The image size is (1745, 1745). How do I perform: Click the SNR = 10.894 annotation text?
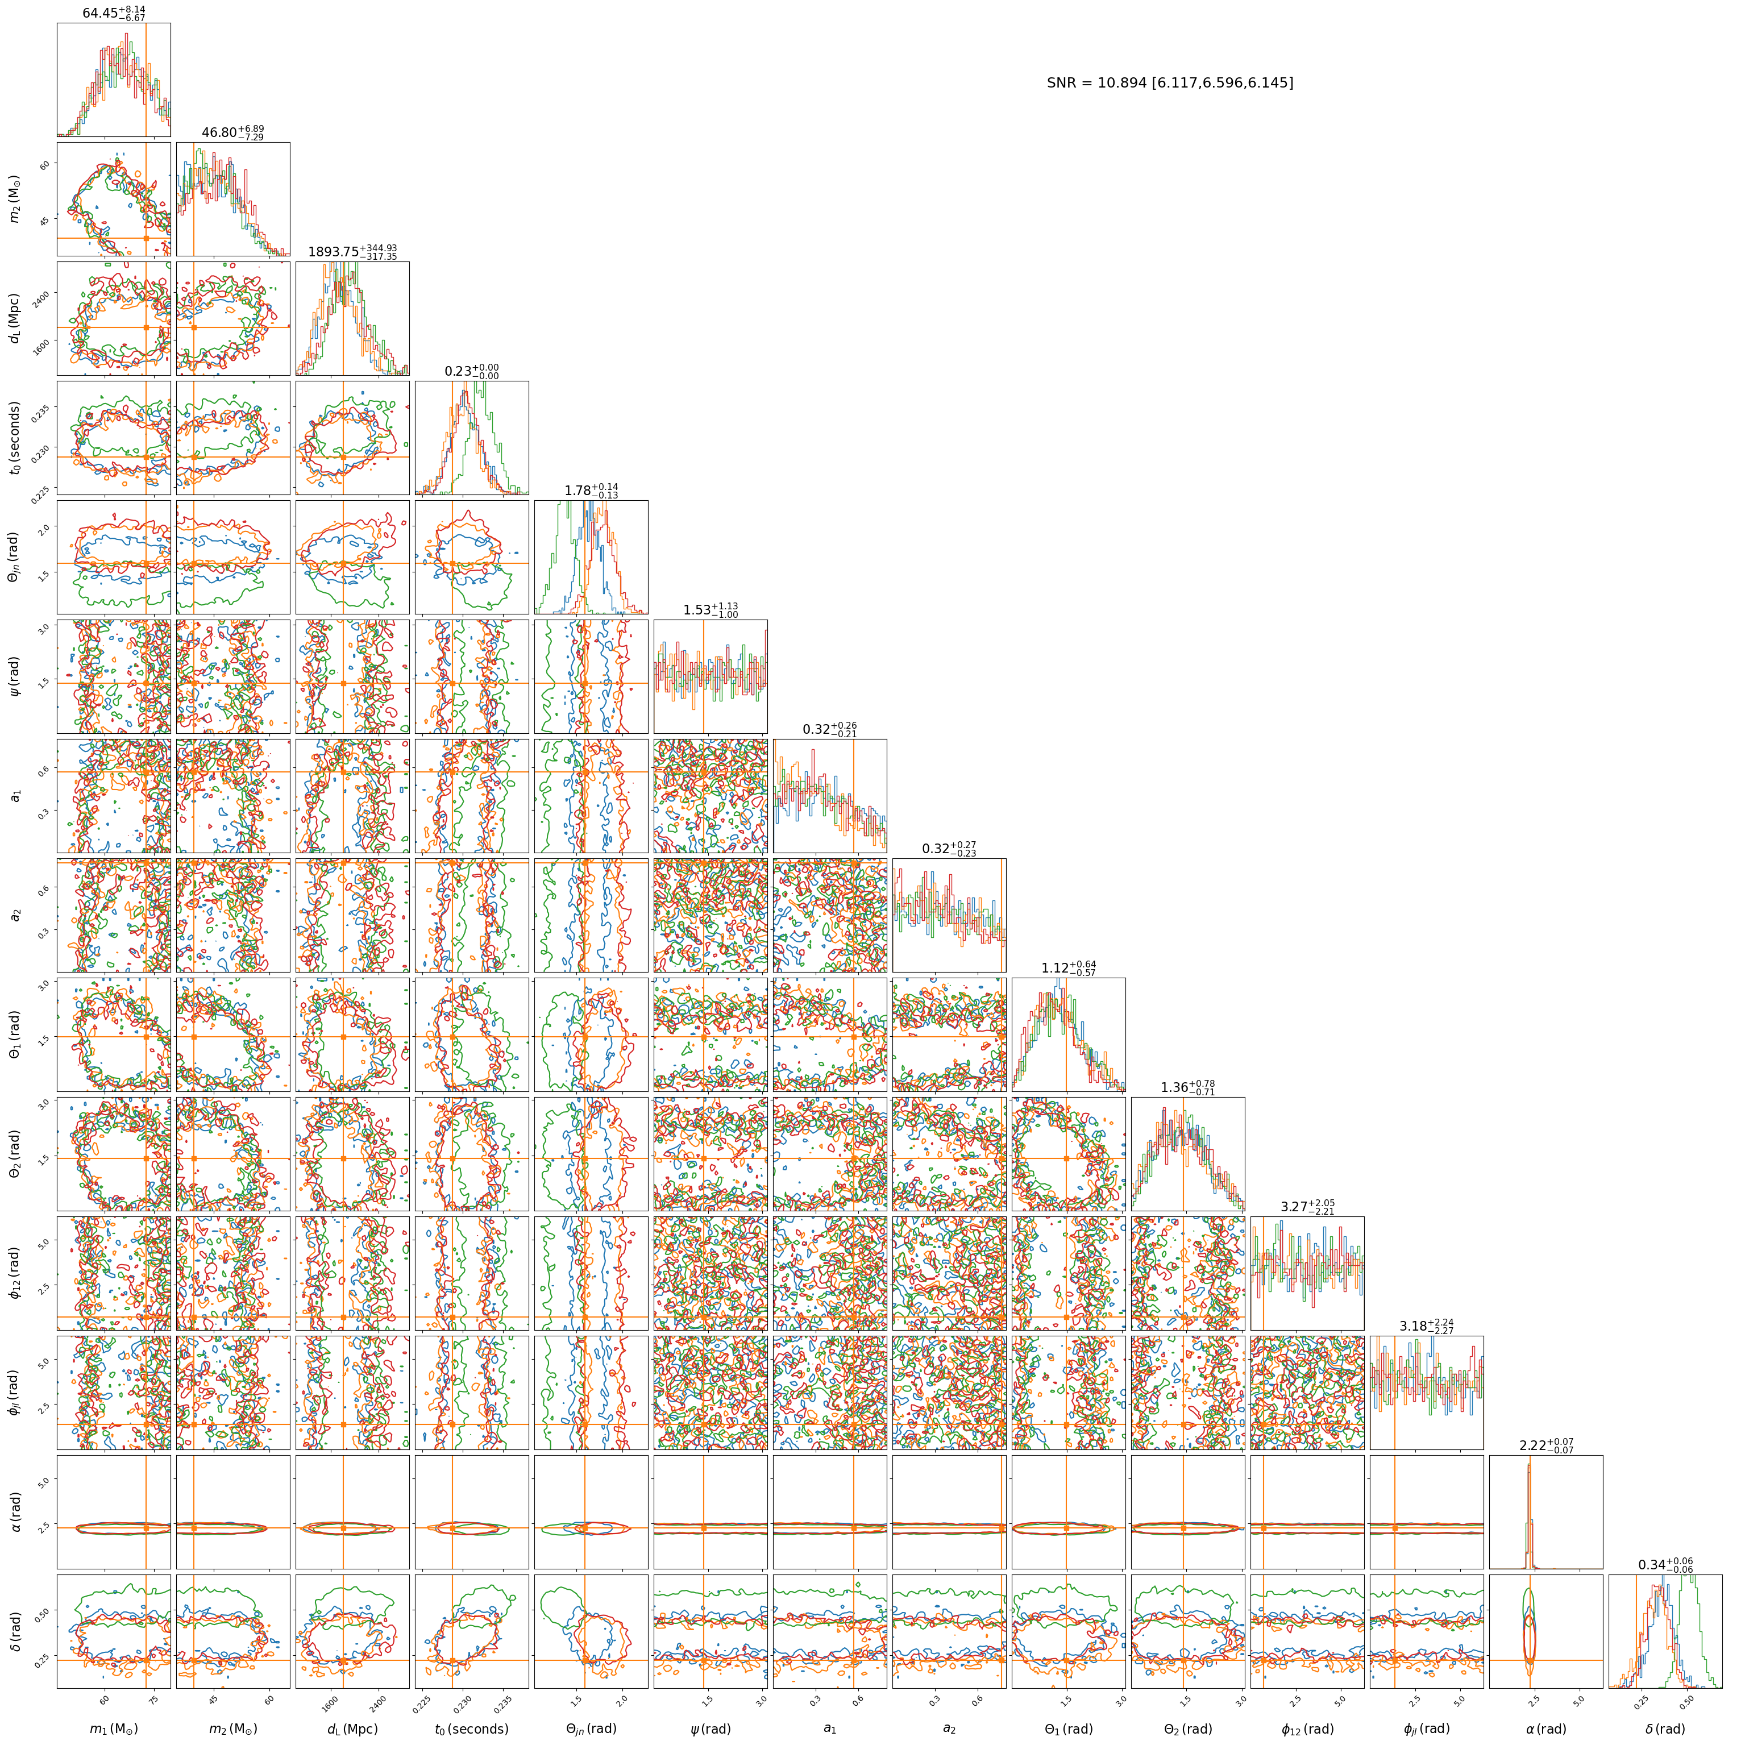tap(1170, 83)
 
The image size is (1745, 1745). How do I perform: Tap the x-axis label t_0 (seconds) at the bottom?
tap(471, 1729)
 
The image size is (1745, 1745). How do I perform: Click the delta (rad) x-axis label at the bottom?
tap(1665, 1729)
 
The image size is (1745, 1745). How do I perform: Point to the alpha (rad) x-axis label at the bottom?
tap(1546, 1729)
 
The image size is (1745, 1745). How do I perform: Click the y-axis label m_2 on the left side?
tap(14, 199)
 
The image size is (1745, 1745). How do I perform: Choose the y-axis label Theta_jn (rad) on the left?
tap(14, 557)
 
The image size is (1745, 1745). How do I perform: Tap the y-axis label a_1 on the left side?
tap(14, 796)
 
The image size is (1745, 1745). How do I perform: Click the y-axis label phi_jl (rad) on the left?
tap(14, 1393)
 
